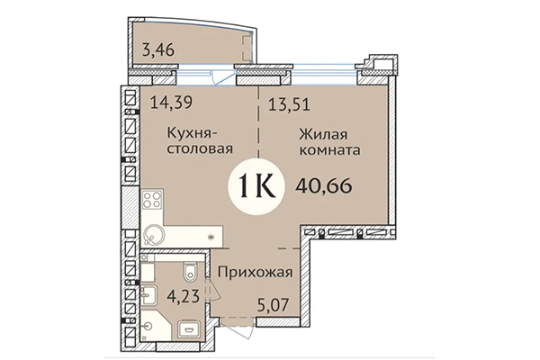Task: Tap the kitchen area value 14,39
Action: (x=168, y=102)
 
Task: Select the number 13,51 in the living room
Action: (x=289, y=102)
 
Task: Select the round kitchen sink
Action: (x=150, y=236)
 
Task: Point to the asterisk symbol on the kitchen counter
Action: (x=211, y=236)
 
